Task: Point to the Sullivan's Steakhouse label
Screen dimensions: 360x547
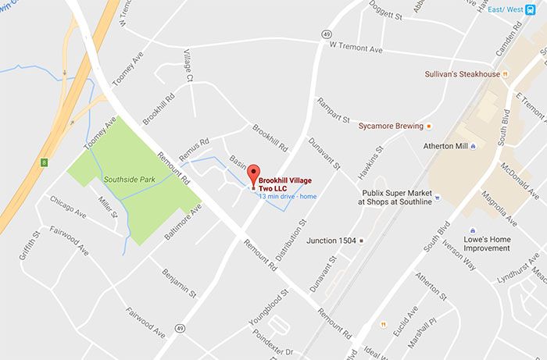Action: [x=463, y=74]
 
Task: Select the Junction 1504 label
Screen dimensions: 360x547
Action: [x=331, y=241]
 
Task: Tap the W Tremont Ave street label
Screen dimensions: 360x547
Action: [x=356, y=48]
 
